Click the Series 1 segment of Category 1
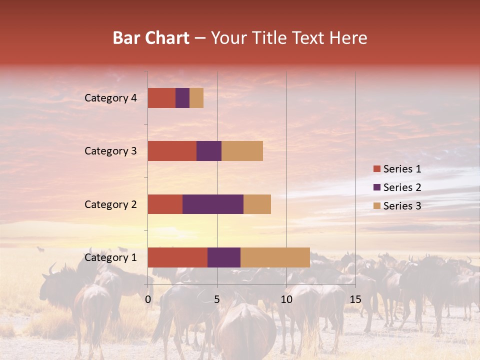click(x=177, y=257)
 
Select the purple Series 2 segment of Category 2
click(x=213, y=204)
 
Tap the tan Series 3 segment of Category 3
click(x=242, y=151)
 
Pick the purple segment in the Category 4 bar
click(x=182, y=98)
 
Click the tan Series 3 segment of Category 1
click(x=275, y=257)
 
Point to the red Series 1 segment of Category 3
click(x=172, y=151)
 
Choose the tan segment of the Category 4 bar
click(x=196, y=98)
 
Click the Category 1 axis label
click(x=110, y=257)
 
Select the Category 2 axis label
click(x=110, y=204)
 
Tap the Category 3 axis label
click(x=110, y=151)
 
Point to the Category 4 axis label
click(x=110, y=98)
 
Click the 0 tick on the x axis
click(x=148, y=299)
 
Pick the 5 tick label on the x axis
click(x=217, y=299)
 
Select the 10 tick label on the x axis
click(x=286, y=299)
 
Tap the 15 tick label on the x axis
click(x=355, y=299)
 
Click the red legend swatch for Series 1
click(x=377, y=169)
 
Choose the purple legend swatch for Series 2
click(x=377, y=187)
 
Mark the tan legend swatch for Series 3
click(x=377, y=206)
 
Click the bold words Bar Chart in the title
click(x=151, y=38)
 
